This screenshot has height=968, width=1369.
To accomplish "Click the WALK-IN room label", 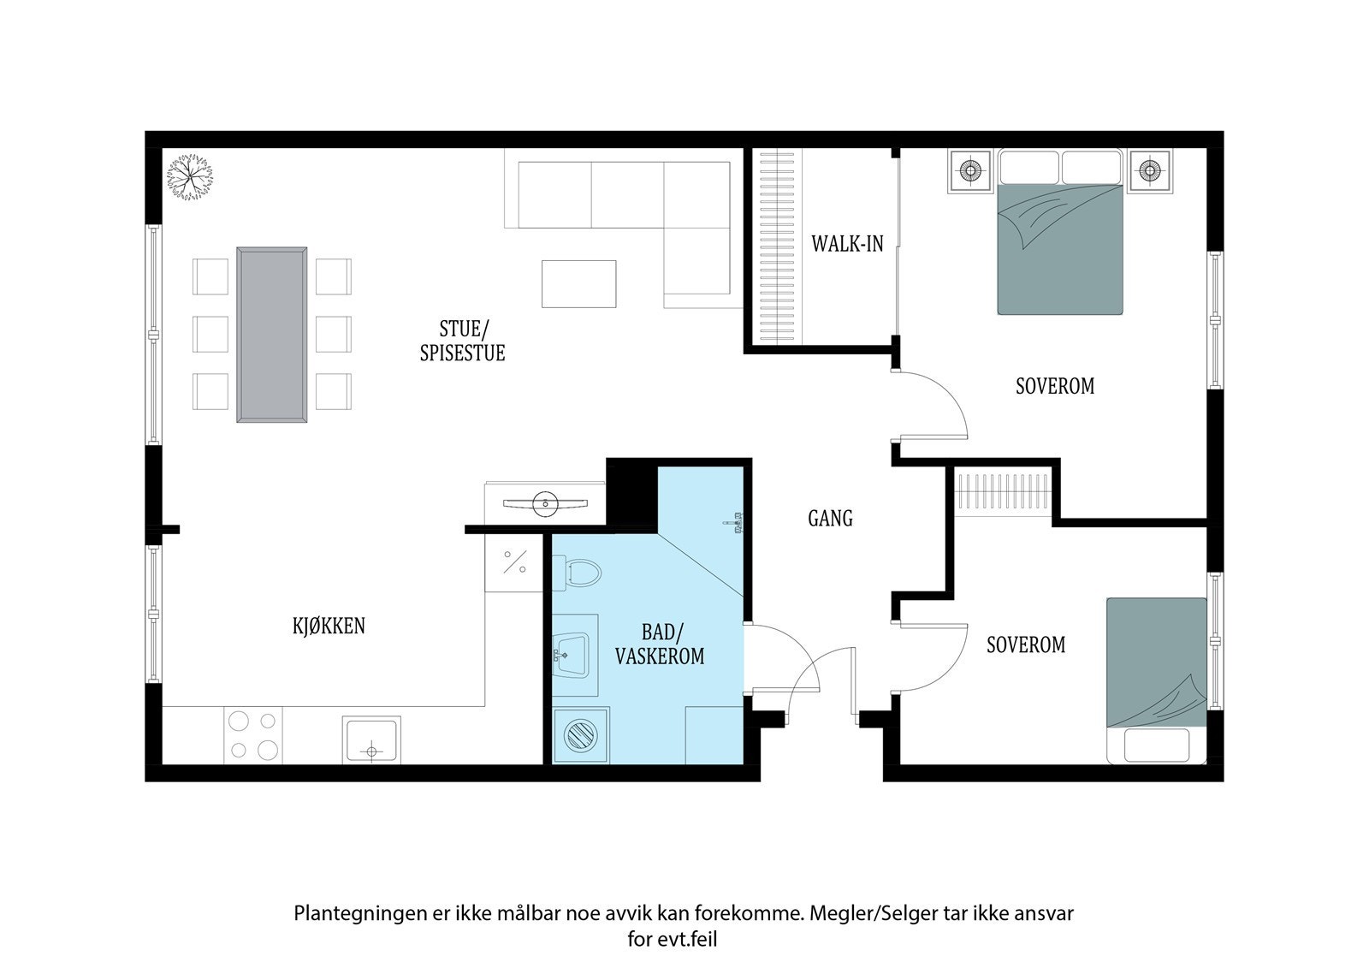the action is pyautogui.click(x=847, y=244).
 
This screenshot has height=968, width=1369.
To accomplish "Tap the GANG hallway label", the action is pyautogui.click(x=830, y=519).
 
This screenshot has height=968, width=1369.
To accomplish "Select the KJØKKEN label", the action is pyautogui.click(x=329, y=626).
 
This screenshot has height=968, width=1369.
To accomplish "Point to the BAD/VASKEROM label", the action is pyautogui.click(x=660, y=644).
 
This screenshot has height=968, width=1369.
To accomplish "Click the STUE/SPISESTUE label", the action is pyautogui.click(x=463, y=341).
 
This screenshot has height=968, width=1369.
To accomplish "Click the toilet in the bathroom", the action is pyautogui.click(x=577, y=573).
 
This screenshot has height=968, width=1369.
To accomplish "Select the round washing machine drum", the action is pyautogui.click(x=580, y=736).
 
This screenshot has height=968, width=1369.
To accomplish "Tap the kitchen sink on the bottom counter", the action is pyautogui.click(x=371, y=740).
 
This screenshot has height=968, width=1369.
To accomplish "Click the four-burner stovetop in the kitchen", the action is pyautogui.click(x=253, y=736).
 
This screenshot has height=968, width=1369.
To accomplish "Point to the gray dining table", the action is pyautogui.click(x=272, y=335).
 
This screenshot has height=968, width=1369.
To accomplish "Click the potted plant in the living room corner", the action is pyautogui.click(x=190, y=176).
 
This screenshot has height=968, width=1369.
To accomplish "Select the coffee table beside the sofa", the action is pyautogui.click(x=578, y=284).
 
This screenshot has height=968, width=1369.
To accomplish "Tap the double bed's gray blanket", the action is pyautogui.click(x=1060, y=249).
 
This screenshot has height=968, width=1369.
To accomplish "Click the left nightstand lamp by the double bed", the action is pyautogui.click(x=970, y=170).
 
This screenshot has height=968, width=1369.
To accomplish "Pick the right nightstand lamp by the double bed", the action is pyautogui.click(x=1150, y=170).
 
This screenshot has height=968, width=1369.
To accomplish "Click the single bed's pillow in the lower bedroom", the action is pyautogui.click(x=1156, y=745).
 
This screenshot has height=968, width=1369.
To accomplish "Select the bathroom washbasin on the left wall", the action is pyautogui.click(x=572, y=655).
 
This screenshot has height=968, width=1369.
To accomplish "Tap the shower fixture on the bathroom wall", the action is pyautogui.click(x=733, y=523).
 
